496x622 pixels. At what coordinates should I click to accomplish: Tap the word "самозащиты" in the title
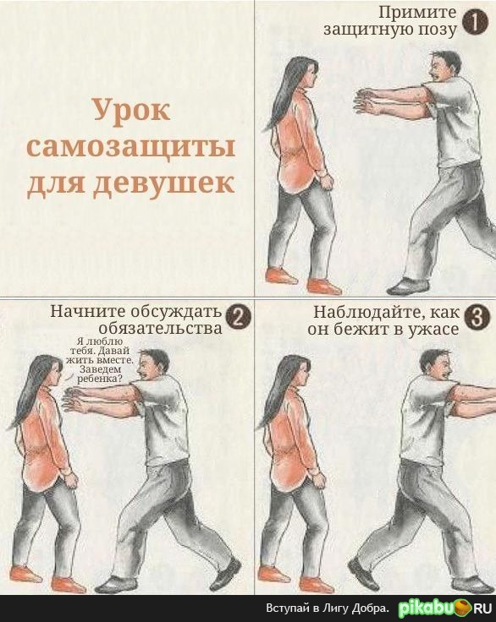130,148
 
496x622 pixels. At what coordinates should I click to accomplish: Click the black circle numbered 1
471,23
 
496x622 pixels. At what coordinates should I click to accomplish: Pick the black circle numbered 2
238,318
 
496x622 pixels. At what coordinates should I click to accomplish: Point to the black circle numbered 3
476,318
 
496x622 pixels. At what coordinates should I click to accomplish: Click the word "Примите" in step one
417,12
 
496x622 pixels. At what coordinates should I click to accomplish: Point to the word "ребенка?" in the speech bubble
99,379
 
